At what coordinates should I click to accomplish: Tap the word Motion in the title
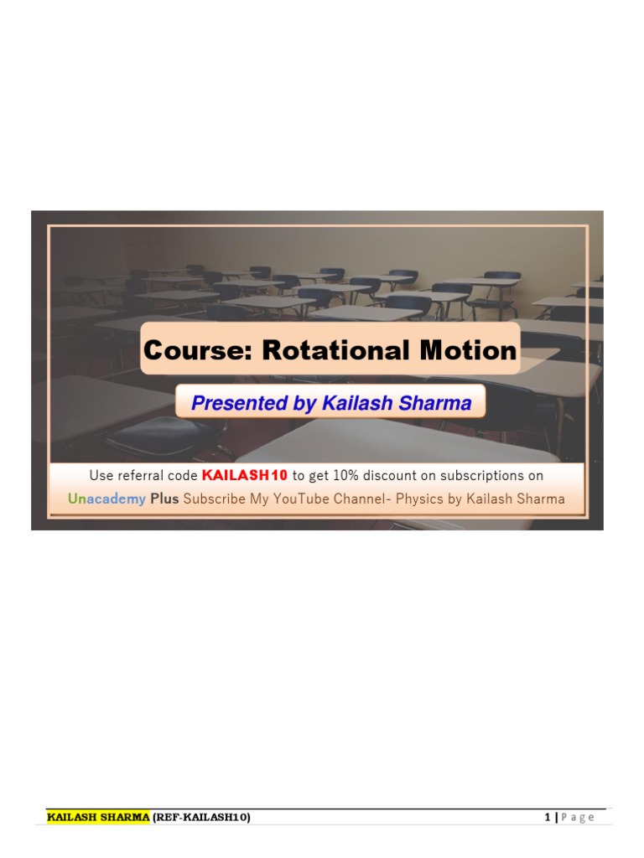point(465,350)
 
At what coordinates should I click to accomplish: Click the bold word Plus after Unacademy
point(164,499)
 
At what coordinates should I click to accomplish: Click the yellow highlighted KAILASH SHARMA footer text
point(98,817)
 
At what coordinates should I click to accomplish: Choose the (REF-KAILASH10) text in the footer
point(201,817)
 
